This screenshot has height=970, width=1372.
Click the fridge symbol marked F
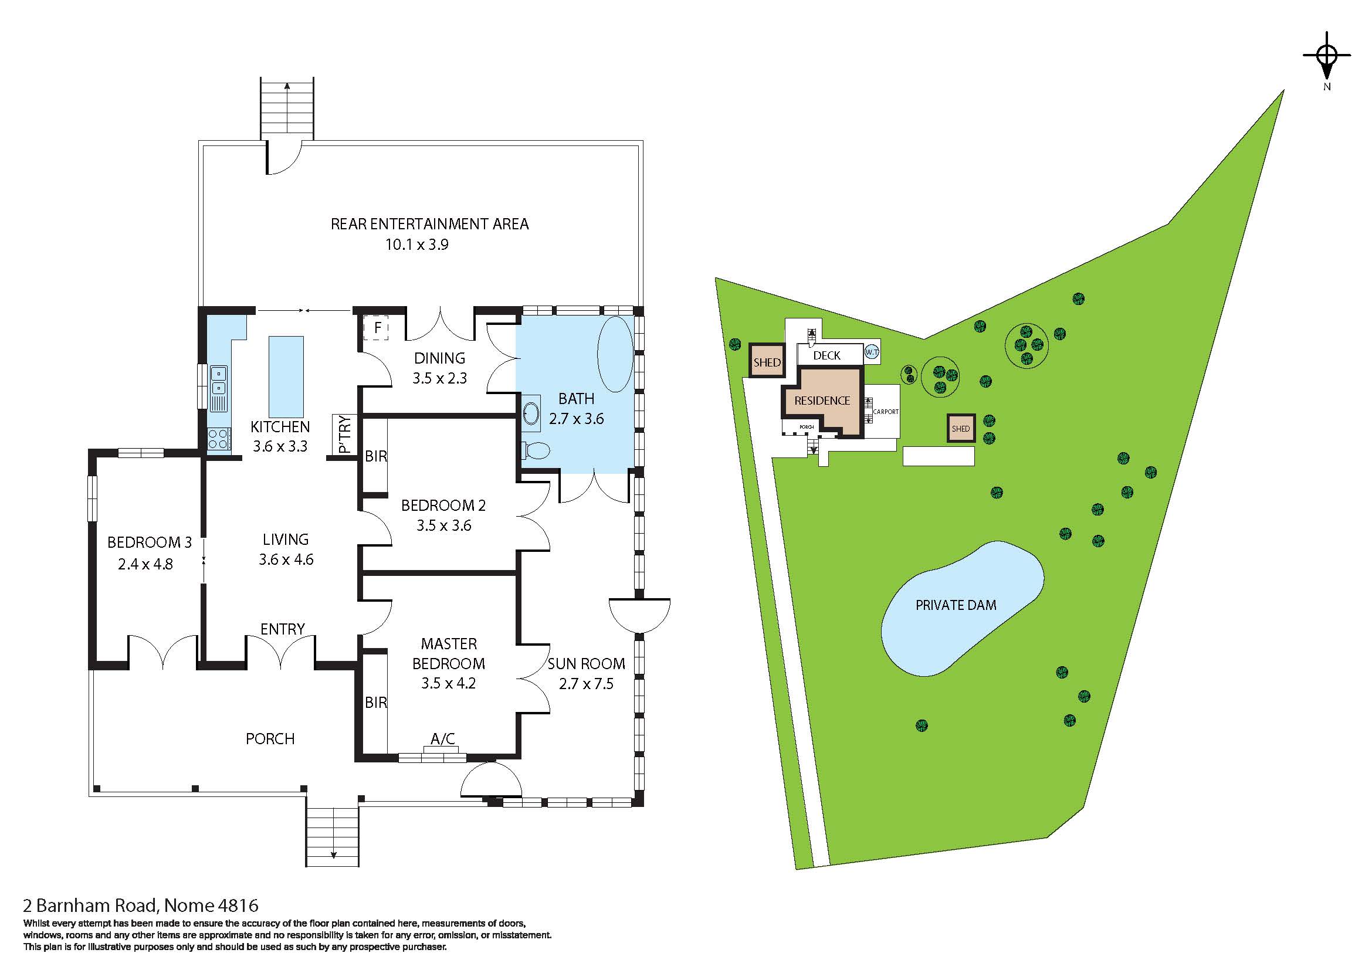pyautogui.click(x=377, y=328)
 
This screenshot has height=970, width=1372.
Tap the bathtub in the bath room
pyautogui.click(x=615, y=354)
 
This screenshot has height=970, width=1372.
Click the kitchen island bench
pyautogui.click(x=286, y=377)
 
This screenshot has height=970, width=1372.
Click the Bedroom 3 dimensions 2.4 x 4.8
pyautogui.click(x=145, y=564)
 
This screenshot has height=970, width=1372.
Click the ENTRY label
pyautogui.click(x=283, y=629)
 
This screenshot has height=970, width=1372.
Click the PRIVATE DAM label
pyautogui.click(x=956, y=605)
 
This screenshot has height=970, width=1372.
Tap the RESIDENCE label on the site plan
pyautogui.click(x=822, y=401)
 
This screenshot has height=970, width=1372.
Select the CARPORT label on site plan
pyautogui.click(x=886, y=412)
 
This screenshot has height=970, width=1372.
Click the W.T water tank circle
pyautogui.click(x=872, y=353)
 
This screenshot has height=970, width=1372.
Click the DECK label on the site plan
pyautogui.click(x=827, y=355)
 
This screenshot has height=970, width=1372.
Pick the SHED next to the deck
pyautogui.click(x=767, y=361)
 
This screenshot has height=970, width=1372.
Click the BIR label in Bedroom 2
pyautogui.click(x=376, y=456)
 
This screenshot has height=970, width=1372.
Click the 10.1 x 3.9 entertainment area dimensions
pyautogui.click(x=416, y=245)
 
